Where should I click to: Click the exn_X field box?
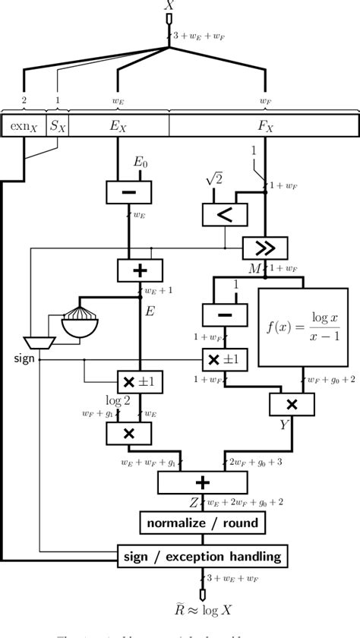24,126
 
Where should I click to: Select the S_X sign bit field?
58,126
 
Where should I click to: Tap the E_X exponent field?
118,126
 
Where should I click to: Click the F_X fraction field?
264,126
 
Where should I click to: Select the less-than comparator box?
225,215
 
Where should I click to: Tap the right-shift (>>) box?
265,248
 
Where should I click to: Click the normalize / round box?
202,523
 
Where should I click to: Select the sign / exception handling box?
202,557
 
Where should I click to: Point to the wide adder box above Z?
202,482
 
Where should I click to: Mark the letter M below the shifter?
256,268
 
